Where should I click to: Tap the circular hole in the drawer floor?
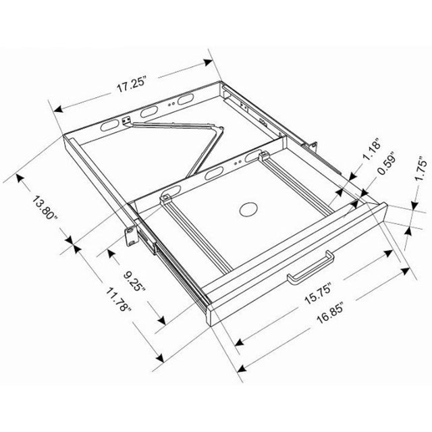[x=248, y=209]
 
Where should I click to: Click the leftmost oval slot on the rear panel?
[x=107, y=126]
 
